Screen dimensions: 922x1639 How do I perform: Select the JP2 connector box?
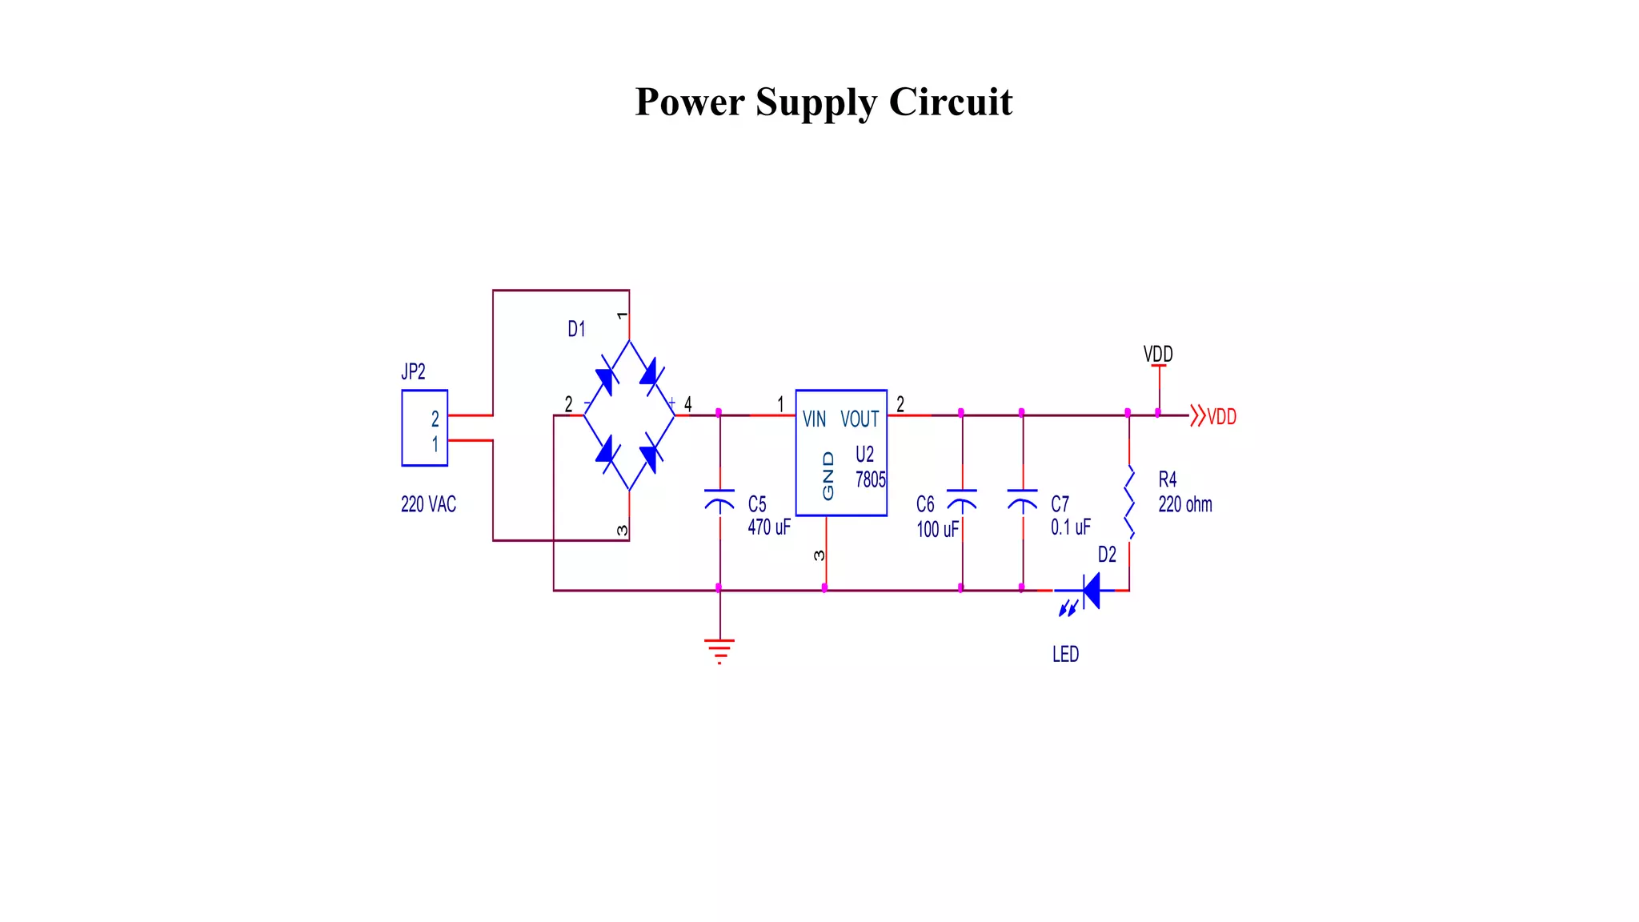[x=424, y=428]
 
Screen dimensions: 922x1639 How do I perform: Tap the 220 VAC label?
[x=428, y=505]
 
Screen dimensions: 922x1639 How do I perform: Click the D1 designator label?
[x=576, y=329]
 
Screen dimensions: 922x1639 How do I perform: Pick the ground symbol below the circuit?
[x=719, y=651]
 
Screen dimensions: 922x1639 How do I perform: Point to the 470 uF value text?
[x=768, y=527]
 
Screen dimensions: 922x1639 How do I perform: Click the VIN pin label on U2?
[x=814, y=419]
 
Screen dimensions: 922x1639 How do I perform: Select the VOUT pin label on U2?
[x=860, y=419]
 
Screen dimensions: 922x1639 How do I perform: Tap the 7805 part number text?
[x=870, y=480]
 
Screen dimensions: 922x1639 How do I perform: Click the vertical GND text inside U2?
[x=828, y=475]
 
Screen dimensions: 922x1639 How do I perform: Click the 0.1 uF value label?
[x=1070, y=527]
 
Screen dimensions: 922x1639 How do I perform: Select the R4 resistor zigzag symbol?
[x=1129, y=503]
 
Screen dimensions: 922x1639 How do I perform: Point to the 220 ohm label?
[x=1184, y=505]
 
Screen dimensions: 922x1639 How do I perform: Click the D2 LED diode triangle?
[x=1091, y=591]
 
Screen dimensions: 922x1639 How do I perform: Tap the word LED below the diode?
[x=1065, y=655]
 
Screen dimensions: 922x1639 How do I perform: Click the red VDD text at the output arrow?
[x=1221, y=417]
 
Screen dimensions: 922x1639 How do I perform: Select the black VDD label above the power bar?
[x=1158, y=354]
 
